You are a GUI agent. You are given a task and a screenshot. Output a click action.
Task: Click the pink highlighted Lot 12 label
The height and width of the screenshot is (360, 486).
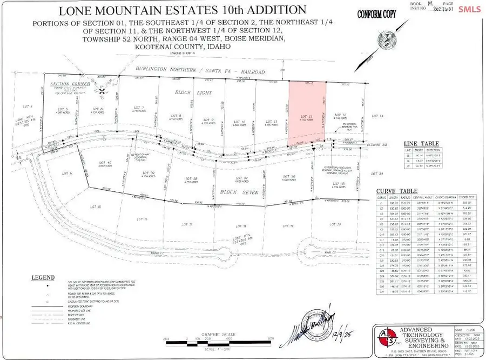[303, 116]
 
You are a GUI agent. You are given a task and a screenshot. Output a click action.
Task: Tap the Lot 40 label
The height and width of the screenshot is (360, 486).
[105, 163]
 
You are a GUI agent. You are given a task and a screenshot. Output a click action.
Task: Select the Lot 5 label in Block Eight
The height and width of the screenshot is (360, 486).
[61, 109]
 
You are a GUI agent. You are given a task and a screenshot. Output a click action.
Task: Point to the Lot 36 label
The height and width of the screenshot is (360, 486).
[290, 177]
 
